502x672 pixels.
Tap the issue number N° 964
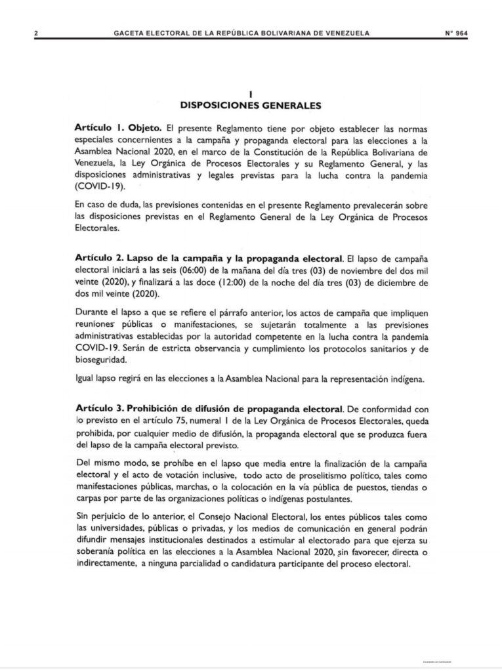coord(456,33)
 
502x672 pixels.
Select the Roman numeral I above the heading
coord(251,94)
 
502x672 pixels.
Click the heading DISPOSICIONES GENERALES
coord(251,104)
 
